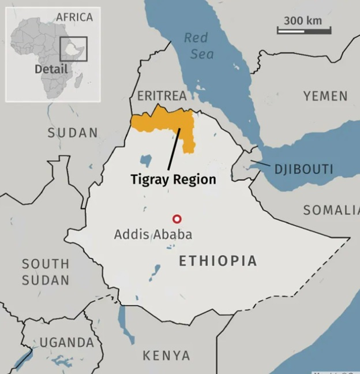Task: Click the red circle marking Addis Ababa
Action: tap(177, 219)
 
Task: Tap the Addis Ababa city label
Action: tap(153, 234)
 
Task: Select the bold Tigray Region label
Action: tap(173, 179)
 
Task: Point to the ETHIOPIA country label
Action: tap(217, 261)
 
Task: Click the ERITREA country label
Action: tap(162, 96)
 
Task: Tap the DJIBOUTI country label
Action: tap(303, 169)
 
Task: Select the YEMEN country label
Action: tap(326, 96)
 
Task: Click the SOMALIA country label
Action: tap(331, 210)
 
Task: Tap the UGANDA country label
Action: tap(66, 342)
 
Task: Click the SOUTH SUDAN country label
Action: tap(46, 272)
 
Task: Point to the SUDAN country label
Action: tap(73, 133)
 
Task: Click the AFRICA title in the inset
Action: tap(74, 17)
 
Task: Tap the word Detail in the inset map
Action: tap(51, 69)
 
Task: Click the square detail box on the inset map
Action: tap(73, 50)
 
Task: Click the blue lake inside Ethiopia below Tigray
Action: tap(146, 160)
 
